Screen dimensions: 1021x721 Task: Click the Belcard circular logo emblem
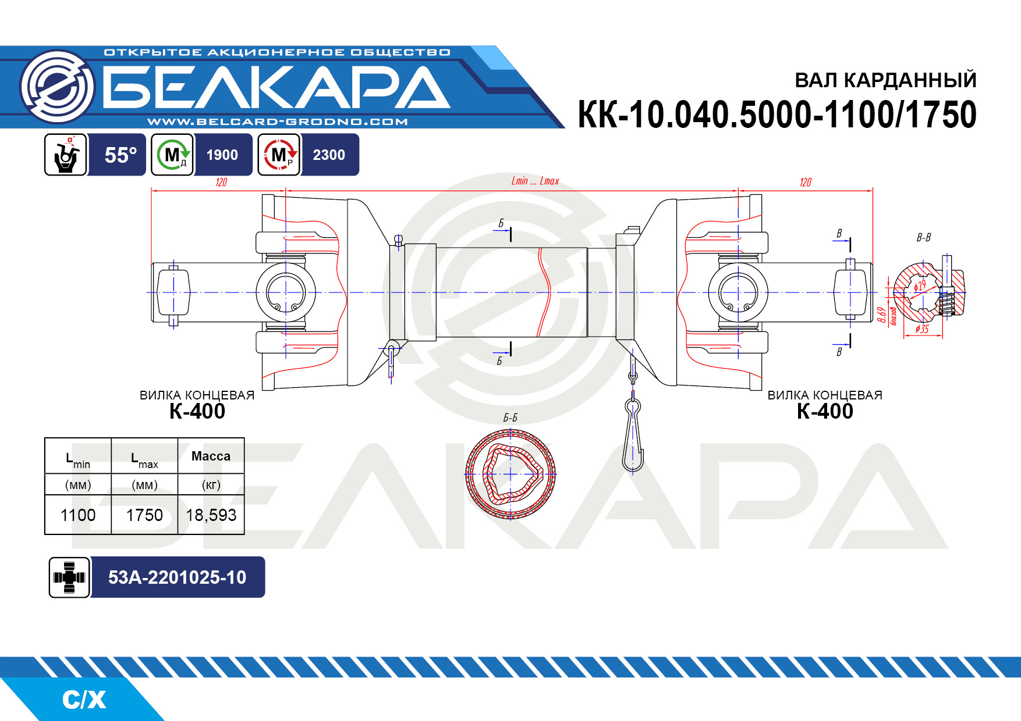[x=57, y=86]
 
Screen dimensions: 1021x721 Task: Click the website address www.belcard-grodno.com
[x=278, y=122]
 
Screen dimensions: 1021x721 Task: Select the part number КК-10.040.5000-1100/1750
[x=777, y=115]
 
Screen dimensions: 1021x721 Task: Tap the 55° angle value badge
[x=120, y=155]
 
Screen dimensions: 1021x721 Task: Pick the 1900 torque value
[x=222, y=155]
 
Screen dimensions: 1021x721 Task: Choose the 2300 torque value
[x=329, y=155]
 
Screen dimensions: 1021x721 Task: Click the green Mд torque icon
[x=172, y=155]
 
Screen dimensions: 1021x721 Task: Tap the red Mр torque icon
[x=279, y=155]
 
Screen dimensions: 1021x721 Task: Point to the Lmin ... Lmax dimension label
[x=535, y=181]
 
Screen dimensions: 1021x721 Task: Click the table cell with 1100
[x=78, y=515]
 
